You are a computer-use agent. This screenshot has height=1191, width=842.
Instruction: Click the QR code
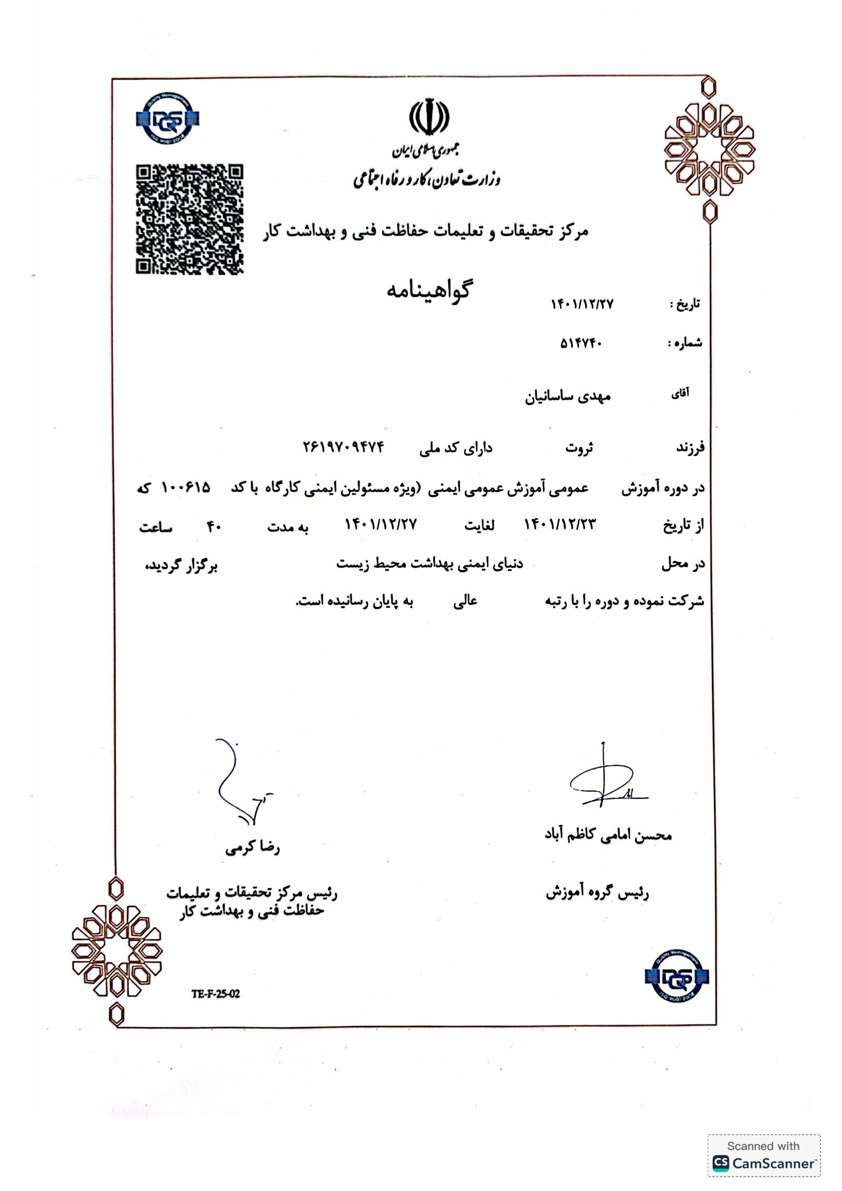point(189,219)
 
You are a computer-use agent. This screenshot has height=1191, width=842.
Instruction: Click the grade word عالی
point(465,601)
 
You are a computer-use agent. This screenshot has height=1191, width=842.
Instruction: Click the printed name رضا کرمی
point(252,848)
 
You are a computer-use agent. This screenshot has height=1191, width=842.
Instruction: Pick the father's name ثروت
point(579,448)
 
